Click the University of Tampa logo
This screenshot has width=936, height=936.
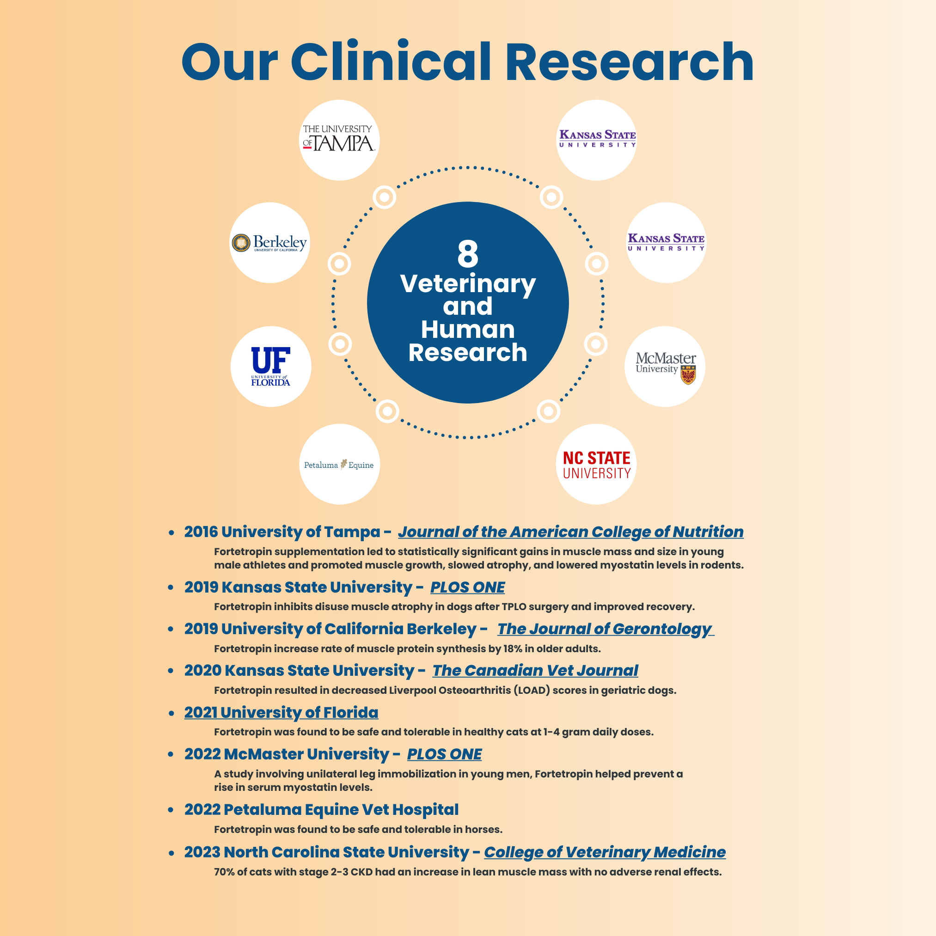pos(339,140)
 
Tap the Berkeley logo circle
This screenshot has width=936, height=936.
pos(269,243)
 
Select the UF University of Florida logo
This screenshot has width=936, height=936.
pos(271,366)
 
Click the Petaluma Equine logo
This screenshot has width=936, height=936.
pos(339,465)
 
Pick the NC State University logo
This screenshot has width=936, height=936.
pos(596,465)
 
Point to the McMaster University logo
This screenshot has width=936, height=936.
pos(665,367)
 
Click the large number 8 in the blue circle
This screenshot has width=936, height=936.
pos(467,254)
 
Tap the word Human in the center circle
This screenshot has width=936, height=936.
pos(467,330)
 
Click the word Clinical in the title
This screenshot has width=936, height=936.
pos(391,62)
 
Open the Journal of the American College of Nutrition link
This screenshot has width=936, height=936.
pos(571,532)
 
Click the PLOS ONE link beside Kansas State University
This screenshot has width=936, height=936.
pos(467,587)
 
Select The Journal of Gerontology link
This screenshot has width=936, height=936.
pos(605,629)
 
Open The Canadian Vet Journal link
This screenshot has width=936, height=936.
pos(535,671)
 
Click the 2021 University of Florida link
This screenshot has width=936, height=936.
pos(281,713)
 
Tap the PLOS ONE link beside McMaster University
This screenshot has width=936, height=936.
pos(444,754)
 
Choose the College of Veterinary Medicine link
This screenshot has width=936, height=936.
pos(605,852)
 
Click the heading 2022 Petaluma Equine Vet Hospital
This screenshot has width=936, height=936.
pos(321,809)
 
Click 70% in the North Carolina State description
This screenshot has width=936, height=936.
pos(224,872)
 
